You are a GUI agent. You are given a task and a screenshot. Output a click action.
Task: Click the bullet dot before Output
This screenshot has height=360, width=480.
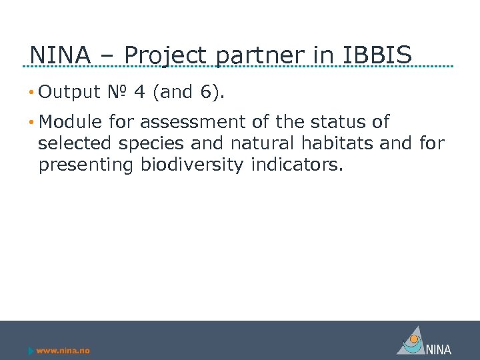click(31, 92)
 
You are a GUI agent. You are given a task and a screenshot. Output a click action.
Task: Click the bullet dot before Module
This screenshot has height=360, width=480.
click(31, 123)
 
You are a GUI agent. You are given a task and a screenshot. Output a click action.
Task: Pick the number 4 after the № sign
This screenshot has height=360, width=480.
click(139, 92)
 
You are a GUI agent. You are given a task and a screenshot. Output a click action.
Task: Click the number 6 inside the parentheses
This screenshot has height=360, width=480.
click(207, 92)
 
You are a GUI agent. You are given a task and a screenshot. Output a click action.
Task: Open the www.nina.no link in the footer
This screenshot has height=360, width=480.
click(63, 351)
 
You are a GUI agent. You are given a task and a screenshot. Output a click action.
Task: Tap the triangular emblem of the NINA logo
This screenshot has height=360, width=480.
click(411, 341)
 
